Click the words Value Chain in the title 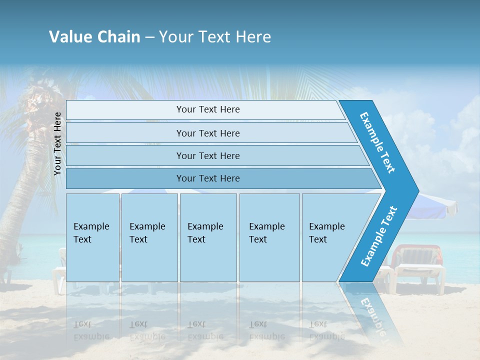pos(94,37)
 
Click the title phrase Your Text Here pos(215,37)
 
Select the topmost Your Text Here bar pos(207,110)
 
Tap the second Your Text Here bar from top pos(207,133)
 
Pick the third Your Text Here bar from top pos(207,156)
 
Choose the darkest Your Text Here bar pos(207,178)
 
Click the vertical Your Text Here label pos(58,143)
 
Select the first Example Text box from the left pos(92,237)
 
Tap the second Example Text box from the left pos(149,237)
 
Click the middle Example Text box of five pos(208,237)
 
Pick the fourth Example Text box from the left pos(269,237)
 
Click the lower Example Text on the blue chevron pos(379,236)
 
